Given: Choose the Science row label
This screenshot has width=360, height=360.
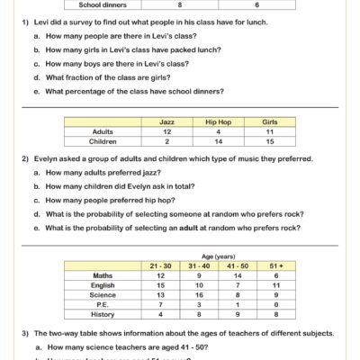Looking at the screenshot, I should (x=102, y=293).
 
